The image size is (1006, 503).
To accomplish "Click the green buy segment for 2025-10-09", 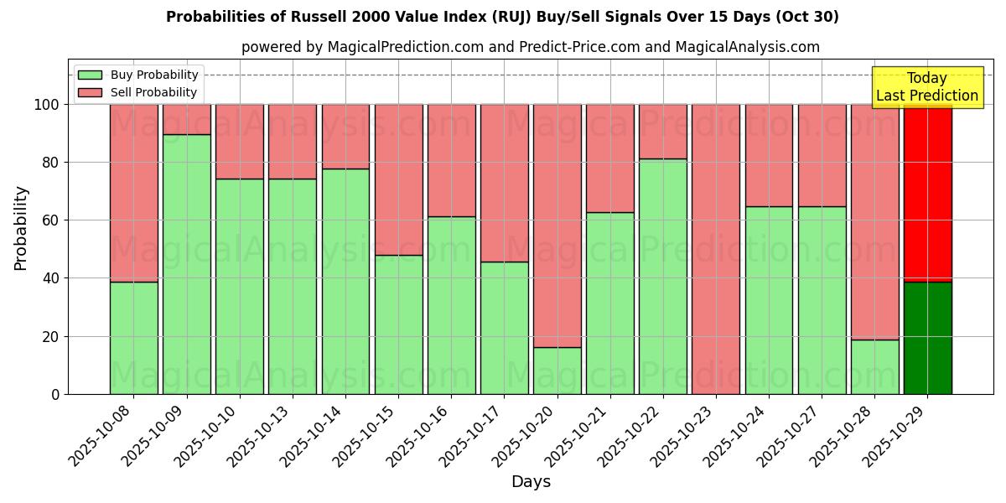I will pos(186,264).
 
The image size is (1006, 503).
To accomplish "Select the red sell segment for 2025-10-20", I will pos(557,226).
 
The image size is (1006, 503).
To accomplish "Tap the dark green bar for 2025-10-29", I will pos(928,338).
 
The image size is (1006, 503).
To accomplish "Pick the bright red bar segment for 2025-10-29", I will pos(928,193).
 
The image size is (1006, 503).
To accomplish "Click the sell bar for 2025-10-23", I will pos(716,249).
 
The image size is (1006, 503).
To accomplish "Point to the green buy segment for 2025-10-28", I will pos(874,366).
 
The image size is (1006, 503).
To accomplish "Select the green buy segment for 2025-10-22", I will pos(663,276).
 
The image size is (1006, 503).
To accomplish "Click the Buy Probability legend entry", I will pos(138,75).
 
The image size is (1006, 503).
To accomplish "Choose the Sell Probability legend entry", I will pos(138,92).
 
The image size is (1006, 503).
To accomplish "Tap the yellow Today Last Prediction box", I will pos(927,87).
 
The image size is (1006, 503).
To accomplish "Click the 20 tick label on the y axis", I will pos(51,337).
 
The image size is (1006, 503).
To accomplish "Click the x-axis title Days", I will pos(531,482).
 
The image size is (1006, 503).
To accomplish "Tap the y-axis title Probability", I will pos(21,227).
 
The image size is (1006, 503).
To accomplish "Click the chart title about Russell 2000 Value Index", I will pos(502,17).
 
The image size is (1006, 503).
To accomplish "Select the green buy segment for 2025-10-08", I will pos(133,338).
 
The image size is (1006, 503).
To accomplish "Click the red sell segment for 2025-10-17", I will pos(504,183).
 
